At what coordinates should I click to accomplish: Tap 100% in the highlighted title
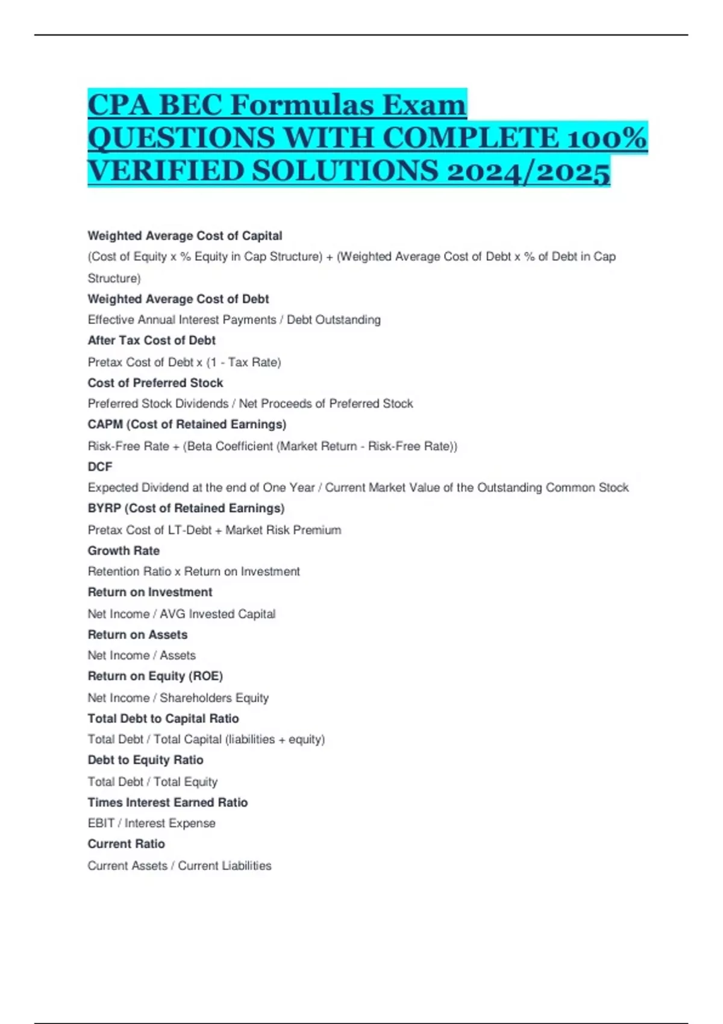coord(606,138)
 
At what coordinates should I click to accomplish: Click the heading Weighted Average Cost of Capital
coord(184,236)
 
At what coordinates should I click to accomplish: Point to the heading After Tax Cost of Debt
coord(151,340)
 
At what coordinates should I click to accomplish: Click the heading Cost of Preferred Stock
coord(155,382)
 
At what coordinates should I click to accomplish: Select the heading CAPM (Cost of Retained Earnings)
coord(187,424)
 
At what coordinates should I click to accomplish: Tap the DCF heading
coord(100,466)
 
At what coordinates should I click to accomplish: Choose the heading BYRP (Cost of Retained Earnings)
coord(186,508)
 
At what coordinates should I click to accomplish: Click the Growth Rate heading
coord(124,551)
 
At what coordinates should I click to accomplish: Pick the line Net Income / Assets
coord(142,655)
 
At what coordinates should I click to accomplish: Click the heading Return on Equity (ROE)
coord(155,676)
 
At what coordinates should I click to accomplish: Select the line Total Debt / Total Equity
coord(152,782)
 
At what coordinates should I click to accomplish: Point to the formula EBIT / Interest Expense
coord(151,823)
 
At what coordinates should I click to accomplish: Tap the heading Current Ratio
coord(126,844)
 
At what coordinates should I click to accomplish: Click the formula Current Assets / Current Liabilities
coord(180,866)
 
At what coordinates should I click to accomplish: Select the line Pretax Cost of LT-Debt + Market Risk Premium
coord(214,530)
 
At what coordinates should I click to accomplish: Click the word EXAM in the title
coord(424,105)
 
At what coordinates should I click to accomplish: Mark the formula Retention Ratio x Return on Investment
coord(193,572)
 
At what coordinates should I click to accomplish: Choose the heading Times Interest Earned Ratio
coord(167,802)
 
